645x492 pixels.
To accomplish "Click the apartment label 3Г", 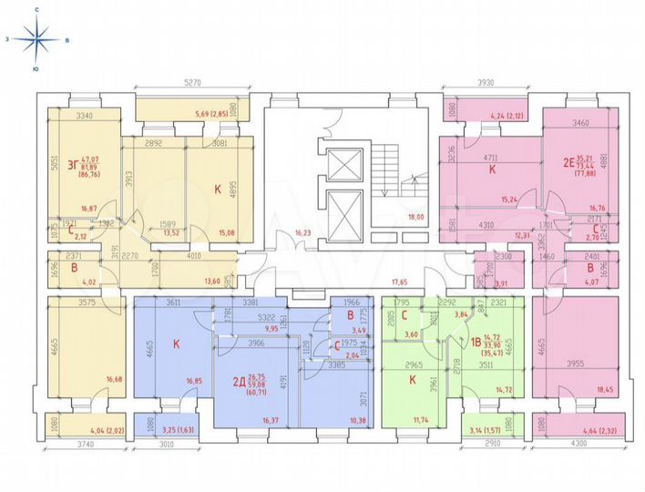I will (61, 165).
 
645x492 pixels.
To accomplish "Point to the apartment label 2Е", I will (568, 164).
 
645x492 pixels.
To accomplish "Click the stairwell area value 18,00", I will (415, 218).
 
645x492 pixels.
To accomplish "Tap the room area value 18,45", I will (606, 390).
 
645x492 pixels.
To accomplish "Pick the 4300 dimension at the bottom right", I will (579, 444).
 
